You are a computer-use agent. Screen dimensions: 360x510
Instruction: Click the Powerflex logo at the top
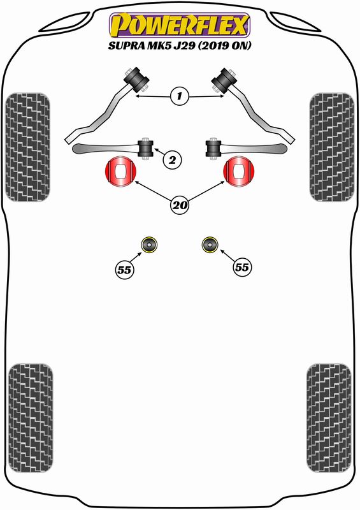point(180,25)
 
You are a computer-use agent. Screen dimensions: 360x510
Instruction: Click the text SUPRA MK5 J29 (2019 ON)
point(180,45)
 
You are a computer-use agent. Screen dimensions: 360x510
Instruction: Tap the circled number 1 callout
point(179,96)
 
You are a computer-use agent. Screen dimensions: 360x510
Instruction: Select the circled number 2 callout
point(172,160)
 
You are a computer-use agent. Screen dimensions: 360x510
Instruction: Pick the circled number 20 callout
point(180,205)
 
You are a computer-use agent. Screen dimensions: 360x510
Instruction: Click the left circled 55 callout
point(124,270)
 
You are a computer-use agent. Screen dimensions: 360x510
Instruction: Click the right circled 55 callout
point(242,267)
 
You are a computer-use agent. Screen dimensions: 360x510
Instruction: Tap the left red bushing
point(120,171)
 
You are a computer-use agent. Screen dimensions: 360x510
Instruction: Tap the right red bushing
point(239,171)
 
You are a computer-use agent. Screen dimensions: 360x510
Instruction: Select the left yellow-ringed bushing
point(149,245)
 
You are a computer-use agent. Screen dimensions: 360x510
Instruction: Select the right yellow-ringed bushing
point(210,245)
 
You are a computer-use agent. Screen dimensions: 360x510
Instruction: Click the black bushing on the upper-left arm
point(136,79)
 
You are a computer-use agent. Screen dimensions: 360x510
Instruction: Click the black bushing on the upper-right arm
point(224,80)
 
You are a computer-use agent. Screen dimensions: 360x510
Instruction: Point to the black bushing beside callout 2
point(146,148)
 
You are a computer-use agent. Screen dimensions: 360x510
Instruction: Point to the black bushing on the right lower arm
point(213,149)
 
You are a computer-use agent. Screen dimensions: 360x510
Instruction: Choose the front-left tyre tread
point(27,147)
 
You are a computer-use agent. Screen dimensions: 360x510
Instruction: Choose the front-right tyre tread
point(332,147)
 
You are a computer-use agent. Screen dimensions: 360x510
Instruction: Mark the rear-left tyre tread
point(31,418)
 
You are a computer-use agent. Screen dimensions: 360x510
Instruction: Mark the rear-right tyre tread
point(329,418)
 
